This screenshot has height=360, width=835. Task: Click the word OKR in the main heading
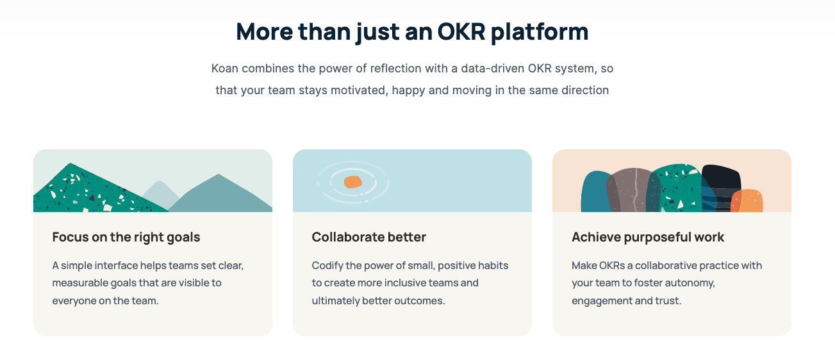coord(461,31)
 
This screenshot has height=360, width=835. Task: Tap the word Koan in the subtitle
coord(225,69)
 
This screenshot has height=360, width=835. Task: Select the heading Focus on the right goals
coord(126,238)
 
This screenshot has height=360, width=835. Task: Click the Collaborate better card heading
coord(368,237)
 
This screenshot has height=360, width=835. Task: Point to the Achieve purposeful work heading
coord(648,238)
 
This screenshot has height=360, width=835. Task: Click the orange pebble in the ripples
coord(352,182)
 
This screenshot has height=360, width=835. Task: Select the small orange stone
coord(747,201)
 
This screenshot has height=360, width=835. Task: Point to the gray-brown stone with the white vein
coord(630,190)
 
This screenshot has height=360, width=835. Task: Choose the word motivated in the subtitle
coord(359,90)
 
